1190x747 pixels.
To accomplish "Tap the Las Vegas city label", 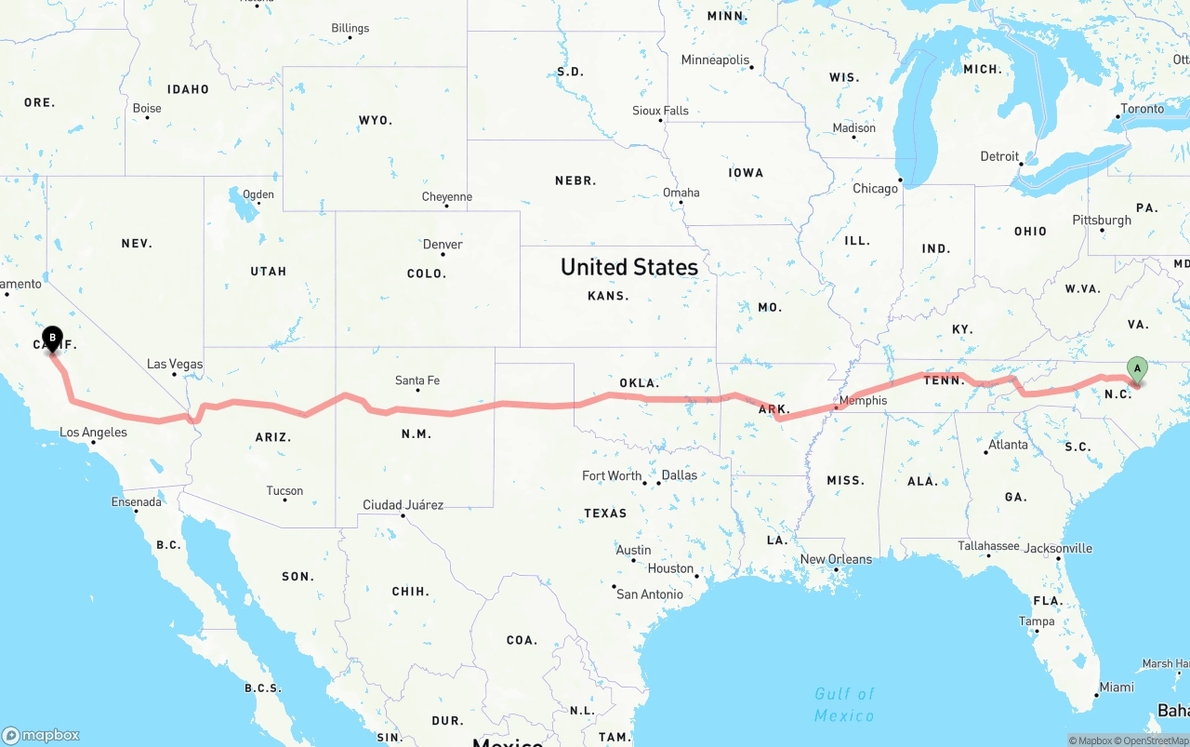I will (x=175, y=364).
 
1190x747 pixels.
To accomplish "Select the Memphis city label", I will (x=863, y=401).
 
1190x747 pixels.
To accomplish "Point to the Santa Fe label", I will (x=417, y=380).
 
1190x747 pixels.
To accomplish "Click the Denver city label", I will (x=443, y=245).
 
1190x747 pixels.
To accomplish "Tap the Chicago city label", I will (x=875, y=188).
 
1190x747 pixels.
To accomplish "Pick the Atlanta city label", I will (x=1008, y=445).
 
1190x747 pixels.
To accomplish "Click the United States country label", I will (x=629, y=267).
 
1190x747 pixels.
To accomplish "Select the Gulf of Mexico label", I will (x=844, y=704).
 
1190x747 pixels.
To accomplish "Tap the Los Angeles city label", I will (x=93, y=432).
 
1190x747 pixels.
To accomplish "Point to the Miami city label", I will (x=1116, y=687).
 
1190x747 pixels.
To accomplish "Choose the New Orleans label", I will (x=836, y=559).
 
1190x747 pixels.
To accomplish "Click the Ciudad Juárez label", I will (x=403, y=505).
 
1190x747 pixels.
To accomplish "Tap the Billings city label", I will (x=350, y=28).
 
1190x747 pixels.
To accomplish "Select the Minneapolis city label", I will (x=715, y=60).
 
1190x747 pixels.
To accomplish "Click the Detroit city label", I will (x=999, y=156).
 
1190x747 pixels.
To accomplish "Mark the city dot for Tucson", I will (x=284, y=500).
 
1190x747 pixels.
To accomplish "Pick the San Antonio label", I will (x=649, y=594).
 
